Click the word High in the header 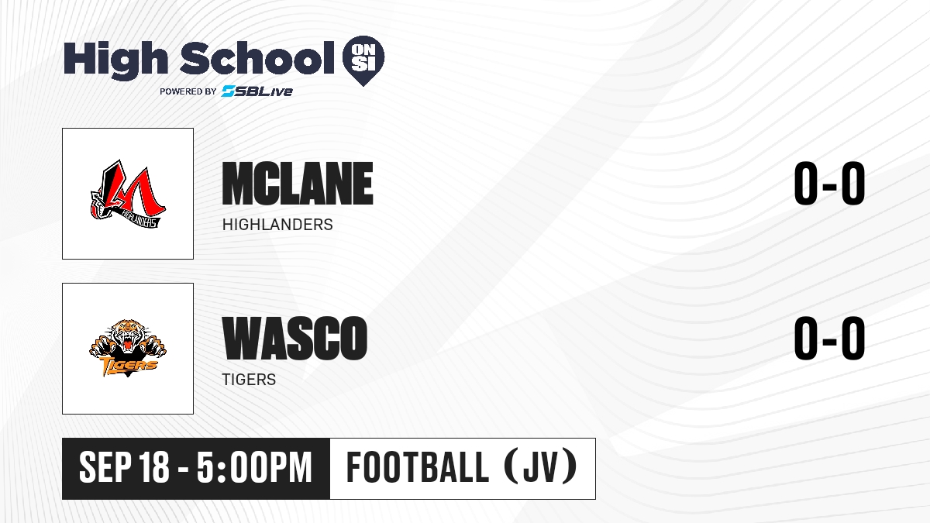[x=116, y=60]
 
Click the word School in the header [x=257, y=58]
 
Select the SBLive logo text [x=257, y=91]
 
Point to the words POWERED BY [x=188, y=91]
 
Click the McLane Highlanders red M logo [x=128, y=194]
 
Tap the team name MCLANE [x=298, y=184]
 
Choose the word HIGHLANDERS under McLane [x=277, y=225]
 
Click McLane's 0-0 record [x=829, y=183]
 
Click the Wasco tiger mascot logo [x=128, y=348]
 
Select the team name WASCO [x=294, y=338]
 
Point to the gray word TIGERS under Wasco [x=249, y=380]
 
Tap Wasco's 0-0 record [x=829, y=338]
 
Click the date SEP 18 [x=124, y=467]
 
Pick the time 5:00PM [x=254, y=467]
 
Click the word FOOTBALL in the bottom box [x=417, y=467]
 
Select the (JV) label [x=541, y=466]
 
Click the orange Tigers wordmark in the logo [x=129, y=366]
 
